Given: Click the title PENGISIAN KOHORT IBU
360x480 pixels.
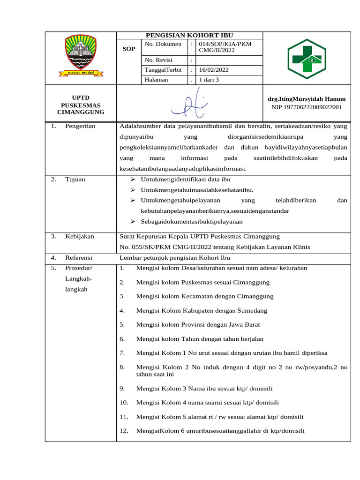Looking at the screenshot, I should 189,36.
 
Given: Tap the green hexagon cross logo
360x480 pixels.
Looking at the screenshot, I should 307,58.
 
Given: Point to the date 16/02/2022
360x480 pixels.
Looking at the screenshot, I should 214,70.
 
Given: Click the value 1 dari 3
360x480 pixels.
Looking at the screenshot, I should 209,80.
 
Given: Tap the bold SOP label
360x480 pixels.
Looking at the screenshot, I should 128,49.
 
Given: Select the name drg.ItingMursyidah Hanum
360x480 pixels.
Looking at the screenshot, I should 307,99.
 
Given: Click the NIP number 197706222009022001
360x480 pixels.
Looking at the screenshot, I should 307,107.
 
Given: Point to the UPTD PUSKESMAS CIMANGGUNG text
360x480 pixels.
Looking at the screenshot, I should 81,105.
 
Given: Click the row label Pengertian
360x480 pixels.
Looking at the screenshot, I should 80,126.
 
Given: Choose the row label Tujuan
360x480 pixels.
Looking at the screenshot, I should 75,180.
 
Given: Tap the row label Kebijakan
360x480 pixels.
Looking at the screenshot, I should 80,236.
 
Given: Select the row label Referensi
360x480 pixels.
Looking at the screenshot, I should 79,258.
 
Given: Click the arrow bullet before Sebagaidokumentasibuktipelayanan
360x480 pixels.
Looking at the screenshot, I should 133,221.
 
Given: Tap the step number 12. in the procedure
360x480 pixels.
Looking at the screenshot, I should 124,431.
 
